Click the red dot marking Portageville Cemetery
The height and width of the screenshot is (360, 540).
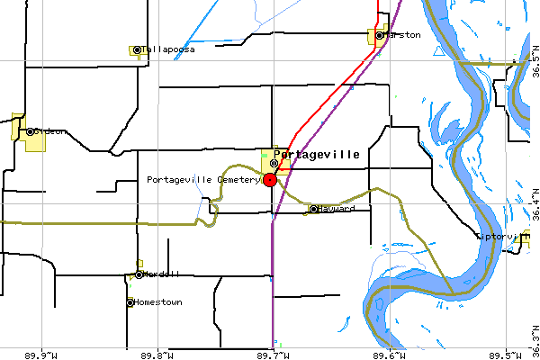point(270,180)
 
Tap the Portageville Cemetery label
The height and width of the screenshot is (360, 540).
point(203,179)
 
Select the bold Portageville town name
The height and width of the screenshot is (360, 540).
point(316,154)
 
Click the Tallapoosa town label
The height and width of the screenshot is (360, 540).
point(168,49)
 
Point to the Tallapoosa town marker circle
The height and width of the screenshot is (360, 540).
point(136,49)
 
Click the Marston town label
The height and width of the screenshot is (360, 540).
point(403,35)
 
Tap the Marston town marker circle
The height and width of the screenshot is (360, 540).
point(380,35)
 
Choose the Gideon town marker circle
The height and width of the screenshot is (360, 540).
point(30,131)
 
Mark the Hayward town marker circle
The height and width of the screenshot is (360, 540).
point(313,209)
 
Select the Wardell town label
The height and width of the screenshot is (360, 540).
point(161,274)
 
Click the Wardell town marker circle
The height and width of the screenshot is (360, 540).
point(139,274)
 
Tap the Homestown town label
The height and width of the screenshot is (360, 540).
point(158,302)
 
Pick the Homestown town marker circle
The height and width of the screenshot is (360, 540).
point(130,302)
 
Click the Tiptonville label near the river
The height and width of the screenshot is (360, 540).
point(500,236)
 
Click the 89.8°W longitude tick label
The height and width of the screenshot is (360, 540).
point(158,353)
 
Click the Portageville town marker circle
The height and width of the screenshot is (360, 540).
point(274,163)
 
